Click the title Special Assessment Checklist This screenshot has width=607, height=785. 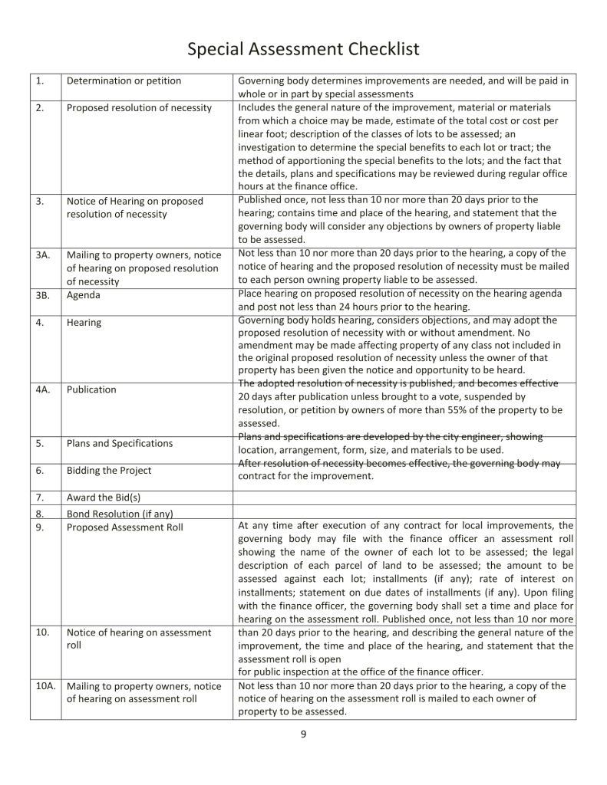pyautogui.click(x=303, y=50)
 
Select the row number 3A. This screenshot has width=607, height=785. pyautogui.click(x=43, y=255)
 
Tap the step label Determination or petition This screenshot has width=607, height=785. pyautogui.click(x=124, y=81)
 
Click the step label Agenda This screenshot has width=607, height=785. pyautogui.click(x=84, y=295)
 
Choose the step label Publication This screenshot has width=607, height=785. pyautogui.click(x=91, y=389)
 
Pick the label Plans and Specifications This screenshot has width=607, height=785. pyautogui.click(x=119, y=443)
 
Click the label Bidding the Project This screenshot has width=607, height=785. pyautogui.click(x=109, y=471)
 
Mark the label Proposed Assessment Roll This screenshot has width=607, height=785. pyautogui.click(x=124, y=527)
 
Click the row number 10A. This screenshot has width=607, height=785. pyautogui.click(x=45, y=686)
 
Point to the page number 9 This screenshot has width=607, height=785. pyautogui.click(x=303, y=734)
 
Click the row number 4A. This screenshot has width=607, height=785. pyautogui.click(x=43, y=389)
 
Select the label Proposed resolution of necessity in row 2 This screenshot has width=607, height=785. pyautogui.click(x=139, y=108)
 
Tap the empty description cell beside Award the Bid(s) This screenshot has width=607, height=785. pyautogui.click(x=404, y=498)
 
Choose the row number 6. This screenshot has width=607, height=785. pyautogui.click(x=39, y=471)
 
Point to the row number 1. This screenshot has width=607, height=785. pyautogui.click(x=39, y=81)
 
